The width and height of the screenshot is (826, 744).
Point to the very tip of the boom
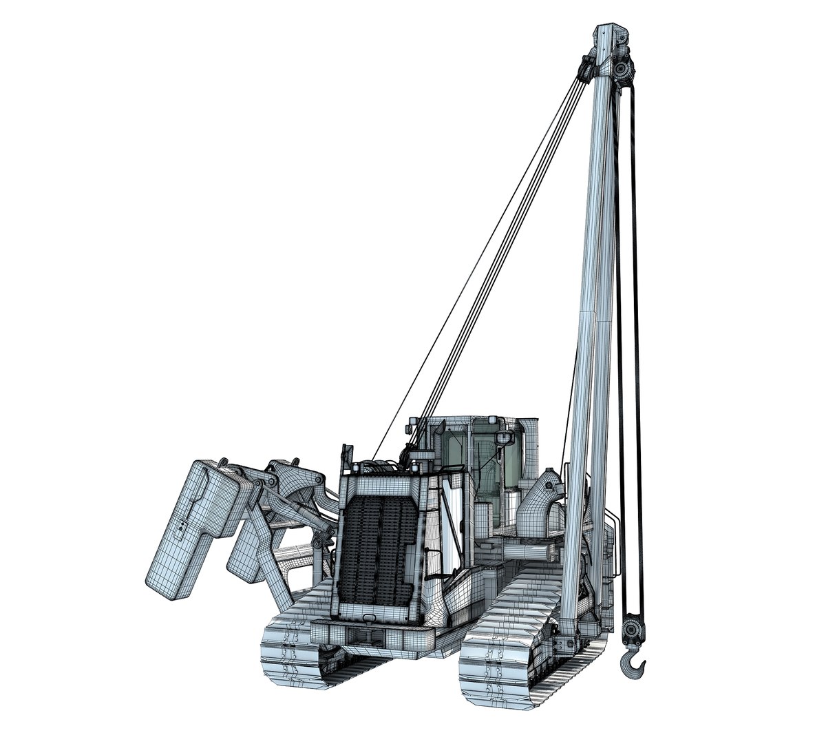pyautogui.click(x=611, y=32)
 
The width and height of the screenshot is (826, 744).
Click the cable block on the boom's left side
pyautogui.click(x=586, y=69)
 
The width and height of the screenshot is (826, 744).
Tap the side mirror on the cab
pyautogui.click(x=507, y=437)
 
